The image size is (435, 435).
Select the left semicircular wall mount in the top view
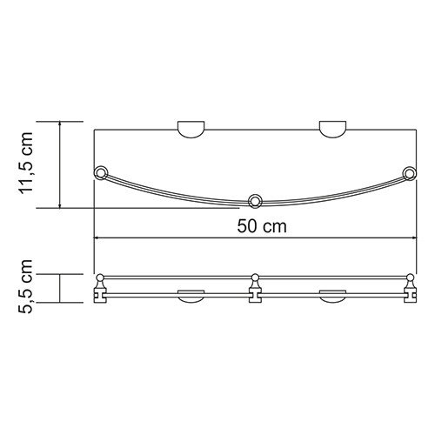tap(192, 130)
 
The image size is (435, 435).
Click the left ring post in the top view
tap(102, 171)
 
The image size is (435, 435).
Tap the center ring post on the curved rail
tap(255, 202)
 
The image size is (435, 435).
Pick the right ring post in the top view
tap(409, 171)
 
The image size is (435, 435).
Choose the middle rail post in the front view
tap(255, 288)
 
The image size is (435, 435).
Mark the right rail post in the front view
tap(408, 288)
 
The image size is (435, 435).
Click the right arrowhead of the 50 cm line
tap(412, 237)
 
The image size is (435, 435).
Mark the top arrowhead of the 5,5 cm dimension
tap(61, 275)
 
